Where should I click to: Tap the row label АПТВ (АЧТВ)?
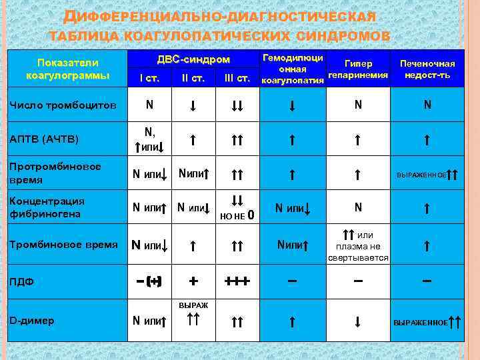44,139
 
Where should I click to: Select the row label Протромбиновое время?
54,173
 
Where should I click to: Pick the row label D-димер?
32,320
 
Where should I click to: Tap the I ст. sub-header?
149,79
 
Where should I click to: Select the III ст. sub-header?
237,79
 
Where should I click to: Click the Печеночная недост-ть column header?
427,69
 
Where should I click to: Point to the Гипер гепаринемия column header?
358,69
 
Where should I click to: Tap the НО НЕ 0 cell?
236,215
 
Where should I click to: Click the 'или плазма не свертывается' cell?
358,246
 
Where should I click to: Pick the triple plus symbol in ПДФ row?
237,281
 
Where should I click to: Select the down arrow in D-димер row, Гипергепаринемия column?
358,321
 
